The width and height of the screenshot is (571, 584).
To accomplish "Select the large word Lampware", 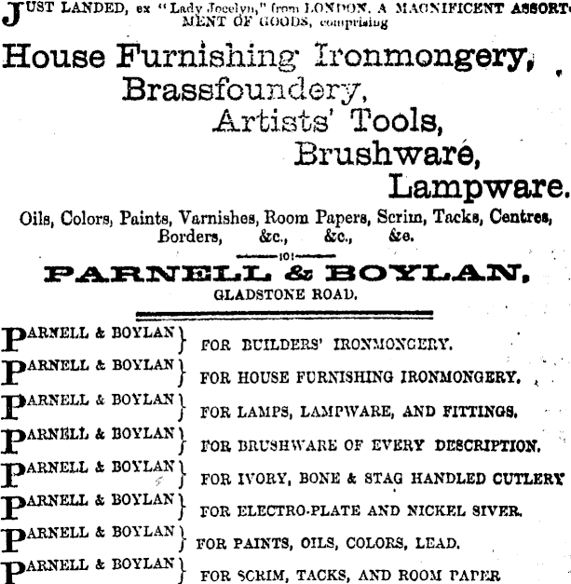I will pyautogui.click(x=476, y=186).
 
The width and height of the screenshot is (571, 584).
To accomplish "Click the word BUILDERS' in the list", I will pyautogui.click(x=268, y=344).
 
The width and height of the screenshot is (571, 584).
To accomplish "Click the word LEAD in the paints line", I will pyautogui.click(x=438, y=542).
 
